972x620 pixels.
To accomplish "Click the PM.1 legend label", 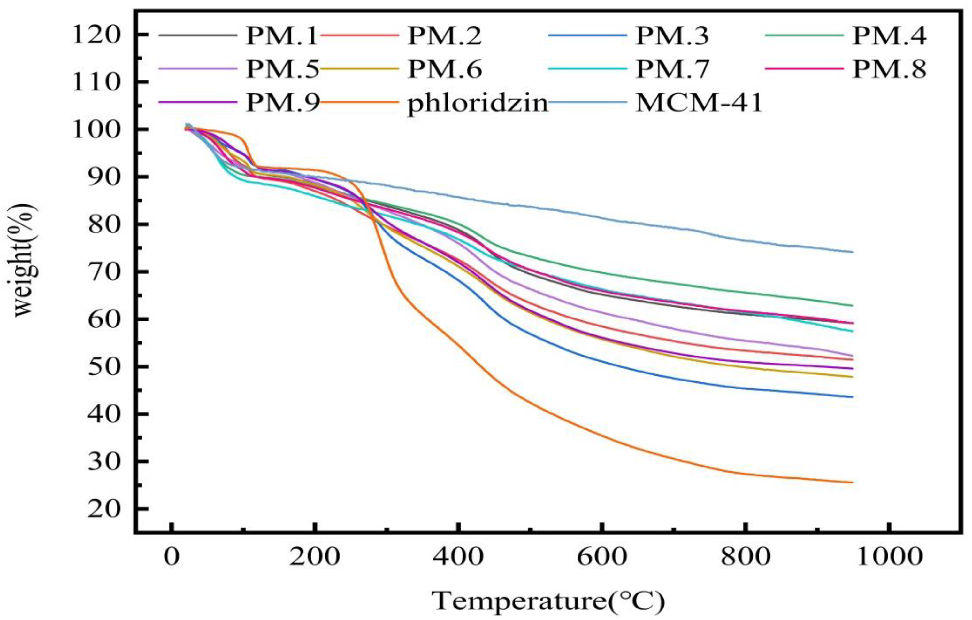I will click(x=282, y=36).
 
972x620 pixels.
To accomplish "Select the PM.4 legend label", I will click(x=889, y=36).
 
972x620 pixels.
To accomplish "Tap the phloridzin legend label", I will click(x=478, y=104).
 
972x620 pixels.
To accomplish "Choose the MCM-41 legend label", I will click(x=699, y=104).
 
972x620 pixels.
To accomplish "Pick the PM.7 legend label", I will click(x=672, y=69).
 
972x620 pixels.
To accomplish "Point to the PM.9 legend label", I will click(x=282, y=104).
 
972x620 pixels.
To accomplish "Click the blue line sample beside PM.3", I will click(x=587, y=35).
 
